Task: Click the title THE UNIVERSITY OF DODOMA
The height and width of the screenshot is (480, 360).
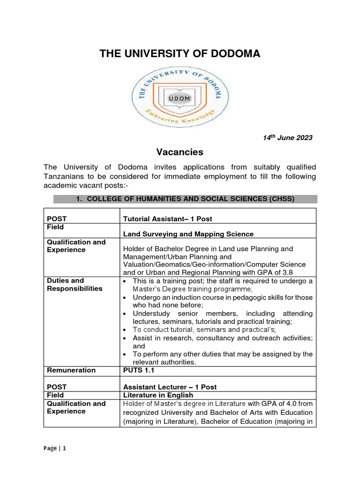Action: coord(180,54)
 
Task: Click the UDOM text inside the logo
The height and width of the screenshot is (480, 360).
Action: coord(180,98)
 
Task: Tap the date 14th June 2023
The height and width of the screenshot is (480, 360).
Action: coord(286,137)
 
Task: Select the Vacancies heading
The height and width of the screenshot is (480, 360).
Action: coord(180,152)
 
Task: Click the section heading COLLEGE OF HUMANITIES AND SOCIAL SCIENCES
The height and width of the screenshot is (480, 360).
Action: coord(185,199)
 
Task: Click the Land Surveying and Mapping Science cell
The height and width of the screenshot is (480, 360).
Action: coord(188,234)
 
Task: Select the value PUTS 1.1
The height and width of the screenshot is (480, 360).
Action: coord(139,370)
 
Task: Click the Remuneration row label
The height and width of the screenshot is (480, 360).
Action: coord(71,370)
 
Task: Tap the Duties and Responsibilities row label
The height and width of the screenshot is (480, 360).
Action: coord(75,285)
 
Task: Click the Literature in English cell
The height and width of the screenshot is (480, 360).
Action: coord(157,395)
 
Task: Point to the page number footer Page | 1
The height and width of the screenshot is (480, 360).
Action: coord(55,448)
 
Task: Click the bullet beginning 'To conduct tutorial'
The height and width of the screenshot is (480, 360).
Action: coord(204,330)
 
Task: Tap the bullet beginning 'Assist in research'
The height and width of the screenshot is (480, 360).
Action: coord(223,338)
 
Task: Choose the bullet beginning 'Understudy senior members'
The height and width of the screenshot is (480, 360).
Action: coord(223,313)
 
